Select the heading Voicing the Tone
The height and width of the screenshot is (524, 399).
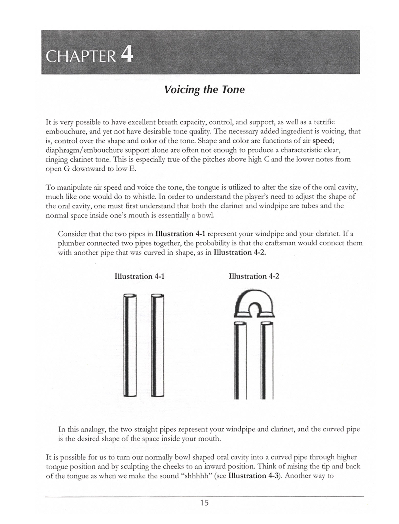tap(204, 90)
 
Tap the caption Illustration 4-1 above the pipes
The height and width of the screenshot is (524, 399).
tap(139, 276)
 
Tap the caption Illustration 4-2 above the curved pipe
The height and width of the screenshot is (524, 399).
tap(254, 276)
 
